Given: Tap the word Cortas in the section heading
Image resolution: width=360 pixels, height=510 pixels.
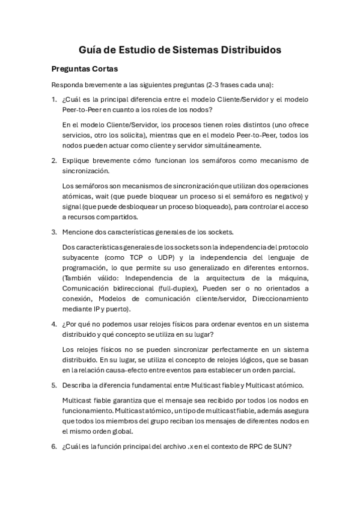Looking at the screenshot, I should (x=102, y=69).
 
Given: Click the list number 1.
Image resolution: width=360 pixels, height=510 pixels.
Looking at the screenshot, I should (x=53, y=99).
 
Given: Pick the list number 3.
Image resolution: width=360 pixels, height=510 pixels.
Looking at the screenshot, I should (x=53, y=232).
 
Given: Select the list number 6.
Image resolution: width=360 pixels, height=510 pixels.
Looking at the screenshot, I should (x=53, y=447).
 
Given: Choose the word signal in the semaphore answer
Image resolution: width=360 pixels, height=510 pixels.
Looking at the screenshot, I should (x=73, y=207).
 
